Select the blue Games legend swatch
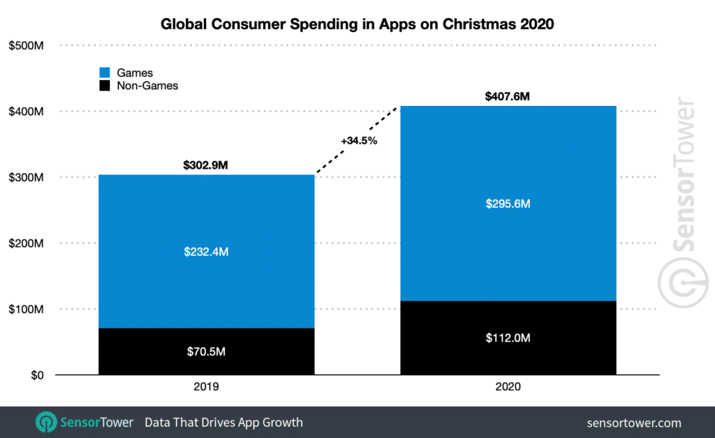(x=105, y=73)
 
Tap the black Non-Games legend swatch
(x=105, y=86)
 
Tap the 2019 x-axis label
(x=206, y=386)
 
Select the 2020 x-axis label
(x=508, y=386)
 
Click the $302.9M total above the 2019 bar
(x=206, y=166)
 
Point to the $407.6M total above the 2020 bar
(x=508, y=97)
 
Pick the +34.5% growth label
(x=358, y=140)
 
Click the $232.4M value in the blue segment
(x=206, y=251)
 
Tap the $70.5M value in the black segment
(x=206, y=352)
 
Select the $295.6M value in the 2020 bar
(x=508, y=204)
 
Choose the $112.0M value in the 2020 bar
(x=508, y=338)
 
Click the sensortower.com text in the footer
(x=635, y=423)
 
